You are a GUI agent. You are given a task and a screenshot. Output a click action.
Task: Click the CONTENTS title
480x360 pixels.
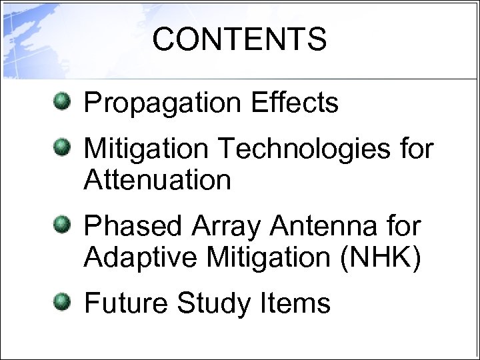tap(239, 39)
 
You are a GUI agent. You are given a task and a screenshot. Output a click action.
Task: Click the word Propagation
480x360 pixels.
tap(164, 104)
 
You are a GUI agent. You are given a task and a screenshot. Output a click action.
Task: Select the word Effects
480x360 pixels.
tap(295, 103)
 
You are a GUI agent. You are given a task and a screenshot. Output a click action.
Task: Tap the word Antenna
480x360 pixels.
tap(325, 226)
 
